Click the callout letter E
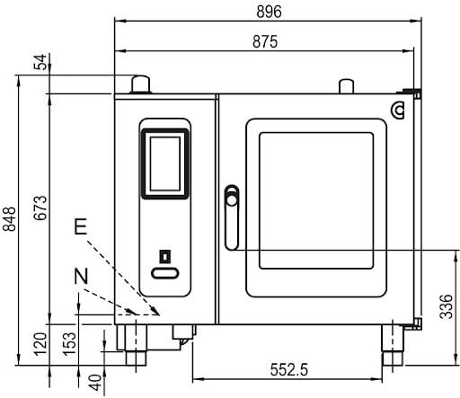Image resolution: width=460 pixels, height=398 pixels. coord(80,228)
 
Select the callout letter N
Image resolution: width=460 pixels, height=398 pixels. coord(80,275)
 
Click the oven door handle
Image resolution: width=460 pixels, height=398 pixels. coord(231,216)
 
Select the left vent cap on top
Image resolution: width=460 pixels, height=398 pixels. coord(140,84)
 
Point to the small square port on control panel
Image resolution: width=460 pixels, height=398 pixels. coord(164,257)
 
